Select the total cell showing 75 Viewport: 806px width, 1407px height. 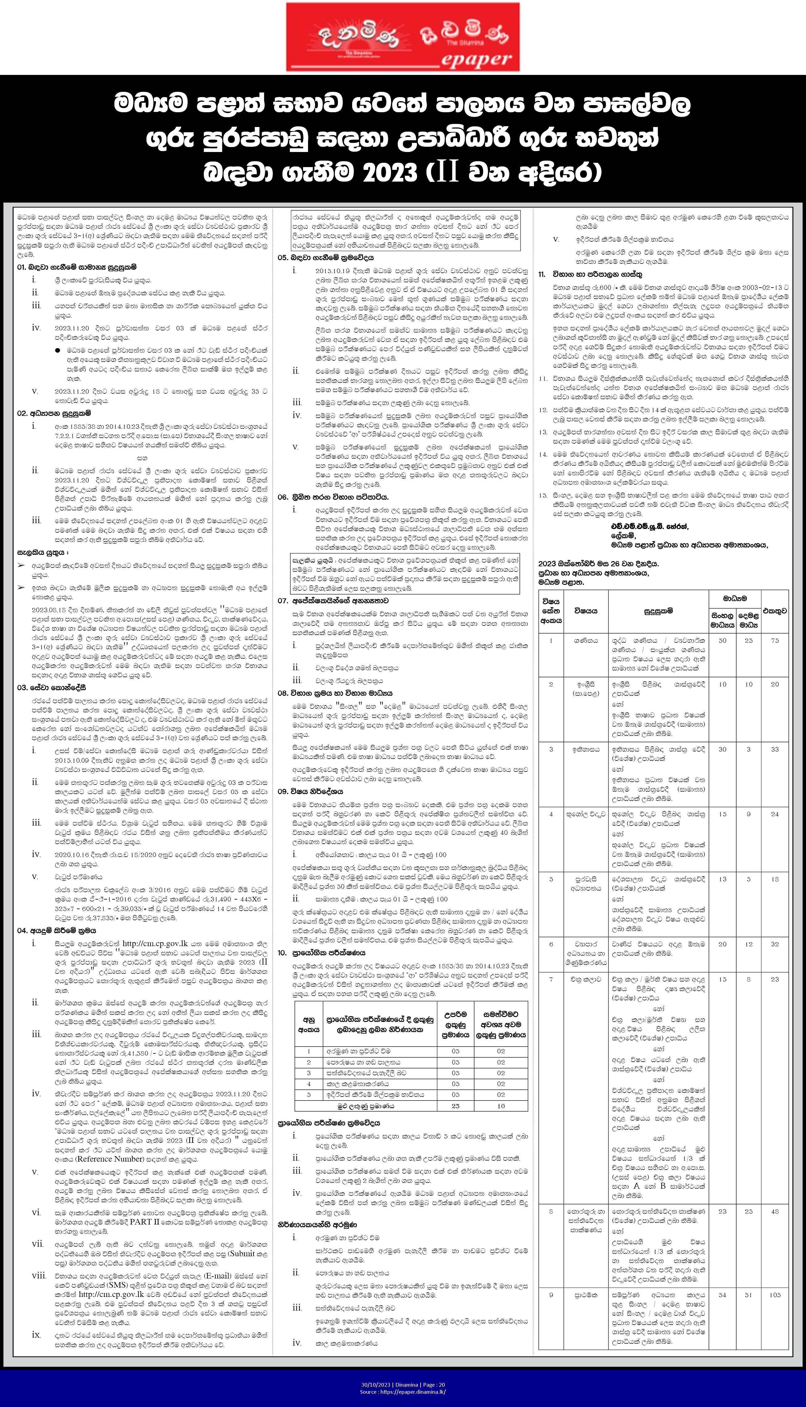[775, 640]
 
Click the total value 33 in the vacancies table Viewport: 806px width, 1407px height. [775, 749]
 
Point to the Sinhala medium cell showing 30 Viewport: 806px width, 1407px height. [722, 749]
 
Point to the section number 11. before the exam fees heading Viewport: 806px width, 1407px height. [542, 274]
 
